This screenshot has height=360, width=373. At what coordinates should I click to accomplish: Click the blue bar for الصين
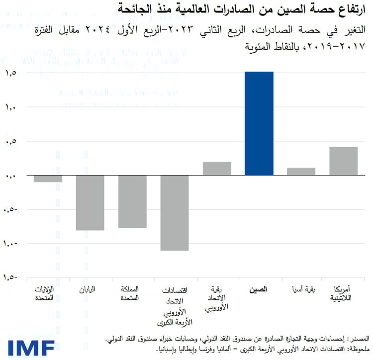click(259, 123)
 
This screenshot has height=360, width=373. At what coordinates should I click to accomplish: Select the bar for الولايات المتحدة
click(48, 179)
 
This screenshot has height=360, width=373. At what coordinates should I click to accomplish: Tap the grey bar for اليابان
click(90, 202)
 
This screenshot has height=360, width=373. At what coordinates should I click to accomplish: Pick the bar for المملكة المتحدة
click(132, 201)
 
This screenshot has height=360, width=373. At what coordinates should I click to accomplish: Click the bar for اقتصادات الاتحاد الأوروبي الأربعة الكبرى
click(175, 213)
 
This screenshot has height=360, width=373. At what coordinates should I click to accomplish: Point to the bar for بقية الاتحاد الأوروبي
click(217, 169)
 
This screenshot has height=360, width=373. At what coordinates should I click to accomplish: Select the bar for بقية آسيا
click(301, 172)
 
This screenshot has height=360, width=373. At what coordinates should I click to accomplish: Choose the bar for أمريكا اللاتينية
click(344, 161)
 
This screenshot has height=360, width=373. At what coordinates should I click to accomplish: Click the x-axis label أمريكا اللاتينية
click(343, 293)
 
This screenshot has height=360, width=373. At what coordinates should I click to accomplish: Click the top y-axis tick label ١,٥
click(11, 73)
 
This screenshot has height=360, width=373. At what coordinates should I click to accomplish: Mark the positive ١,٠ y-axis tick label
click(11, 107)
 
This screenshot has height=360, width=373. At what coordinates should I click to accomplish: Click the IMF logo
click(31, 347)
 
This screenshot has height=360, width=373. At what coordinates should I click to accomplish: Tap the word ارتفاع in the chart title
click(349, 9)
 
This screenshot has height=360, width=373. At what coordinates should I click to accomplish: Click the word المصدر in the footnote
click(357, 339)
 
